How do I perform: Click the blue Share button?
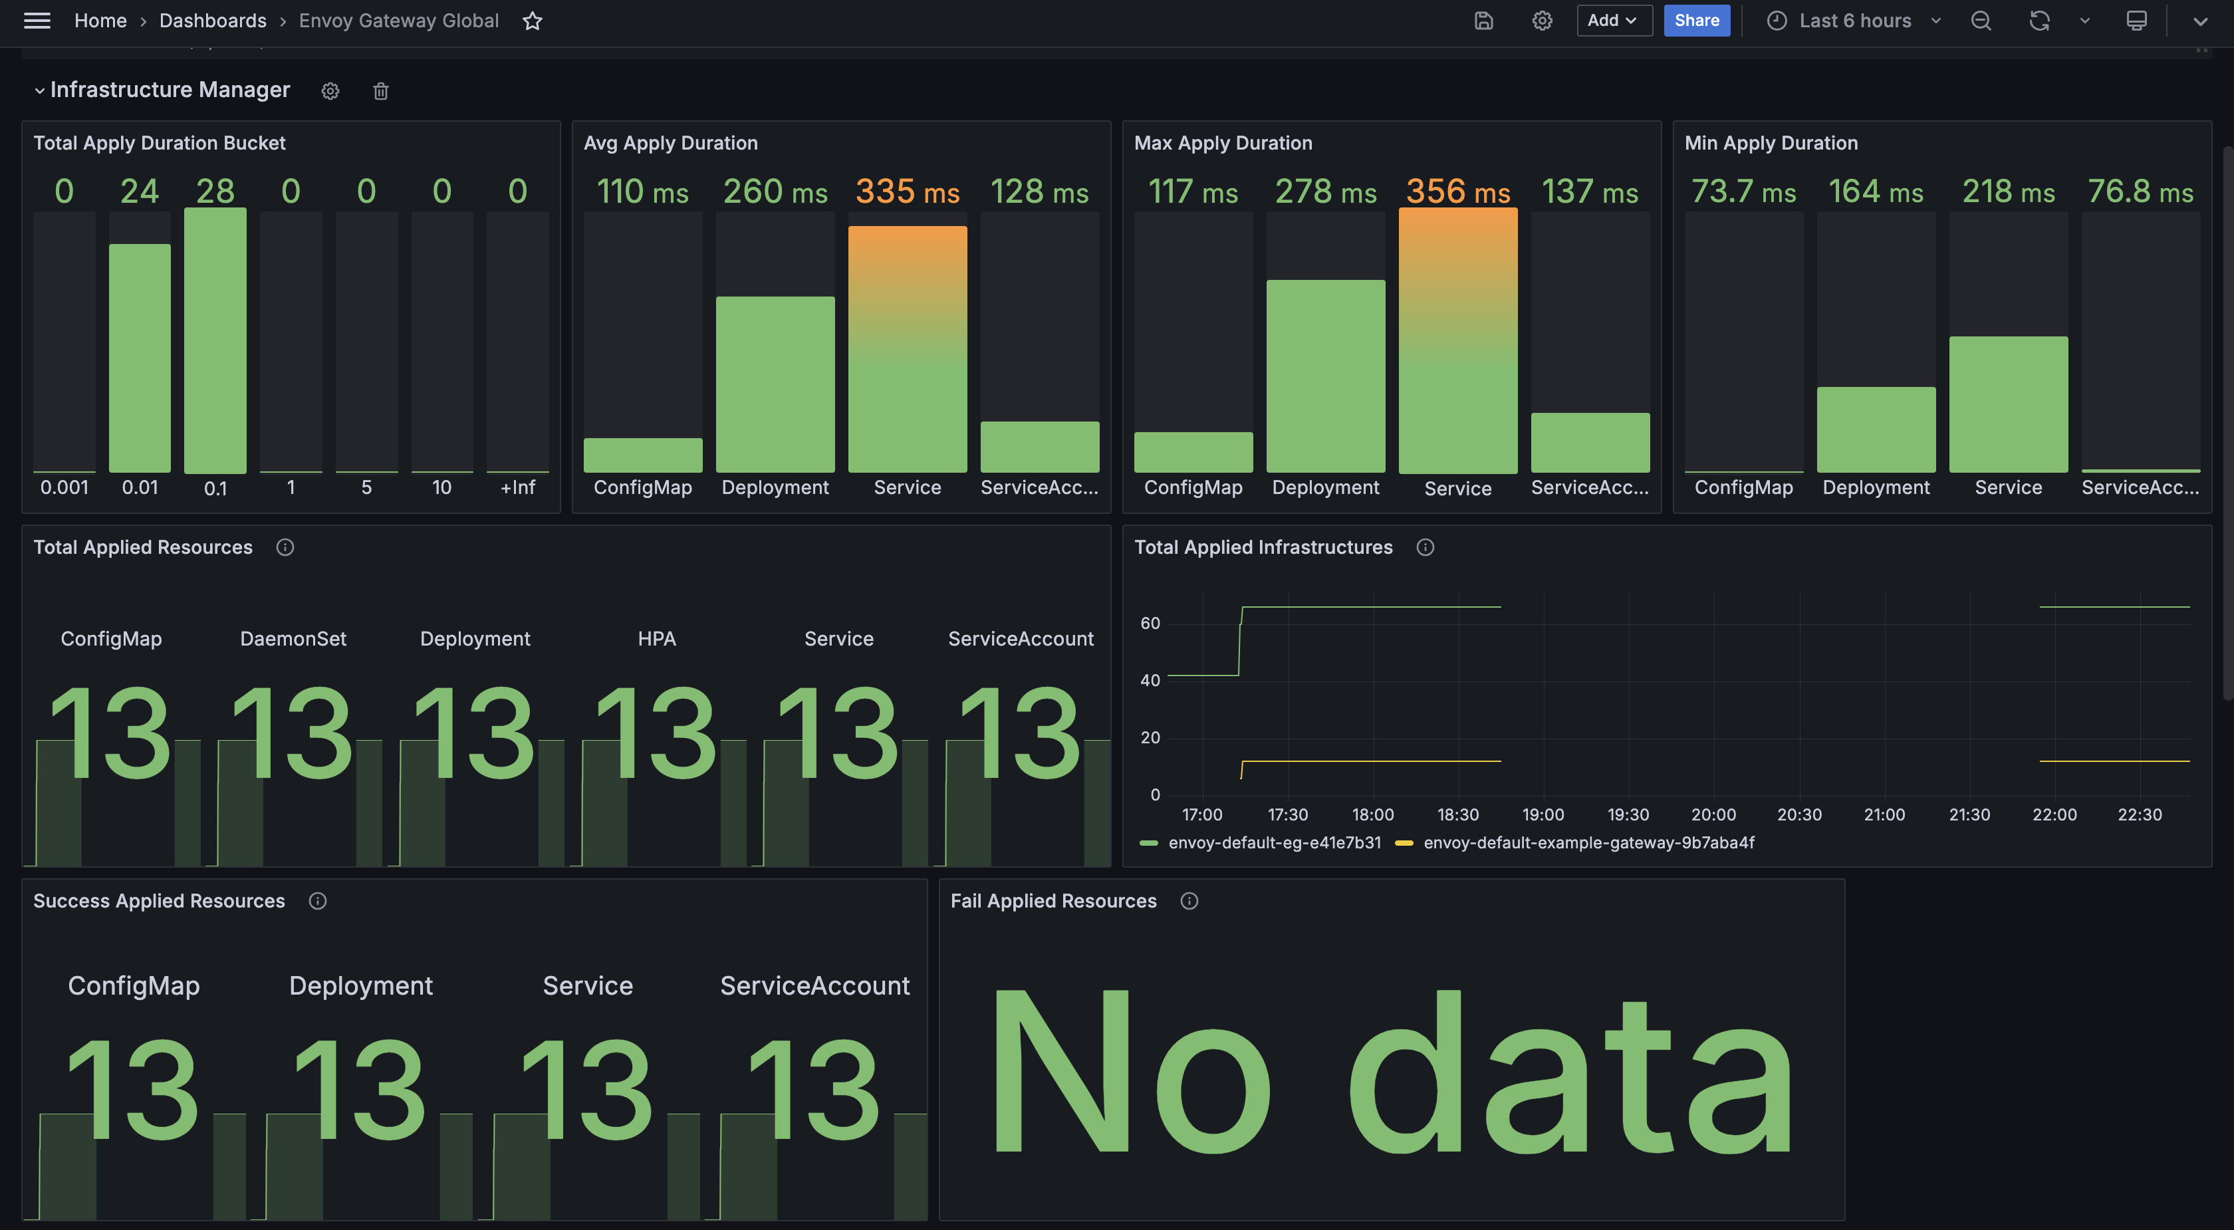click(1696, 21)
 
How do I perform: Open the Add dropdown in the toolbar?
click(1613, 21)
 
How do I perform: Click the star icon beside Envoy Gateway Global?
click(533, 21)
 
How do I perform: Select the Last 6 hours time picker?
click(1854, 21)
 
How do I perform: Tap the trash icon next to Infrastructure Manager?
click(381, 91)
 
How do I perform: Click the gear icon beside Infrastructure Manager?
click(330, 91)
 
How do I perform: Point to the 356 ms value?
click(1458, 191)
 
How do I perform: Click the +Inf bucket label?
click(518, 487)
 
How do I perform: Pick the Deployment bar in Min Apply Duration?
click(1876, 430)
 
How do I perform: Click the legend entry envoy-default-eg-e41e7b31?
click(1274, 842)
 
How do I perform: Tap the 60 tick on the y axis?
click(1150, 623)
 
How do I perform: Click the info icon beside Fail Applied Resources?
click(1189, 902)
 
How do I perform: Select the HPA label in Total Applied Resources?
click(656, 638)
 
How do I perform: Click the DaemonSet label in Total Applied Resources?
click(293, 638)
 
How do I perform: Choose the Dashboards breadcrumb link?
click(213, 21)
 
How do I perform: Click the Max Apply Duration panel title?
click(1223, 143)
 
